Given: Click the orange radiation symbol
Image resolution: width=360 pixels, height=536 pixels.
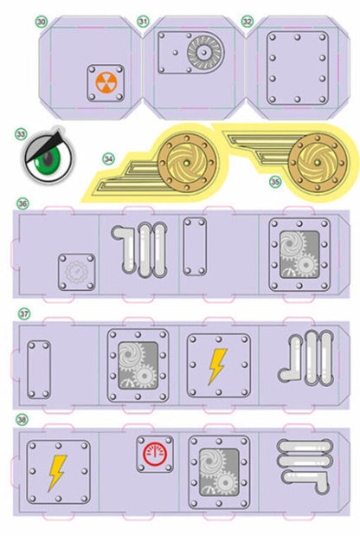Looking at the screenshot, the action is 106,83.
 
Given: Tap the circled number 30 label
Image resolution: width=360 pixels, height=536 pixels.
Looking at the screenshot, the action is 42,22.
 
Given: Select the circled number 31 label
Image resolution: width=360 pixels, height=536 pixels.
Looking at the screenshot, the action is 143,22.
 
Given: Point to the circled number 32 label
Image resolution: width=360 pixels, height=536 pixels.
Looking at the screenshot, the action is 247,22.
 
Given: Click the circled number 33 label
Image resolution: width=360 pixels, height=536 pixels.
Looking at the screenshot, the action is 21,134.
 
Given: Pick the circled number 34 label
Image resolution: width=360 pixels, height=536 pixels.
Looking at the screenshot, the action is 109,159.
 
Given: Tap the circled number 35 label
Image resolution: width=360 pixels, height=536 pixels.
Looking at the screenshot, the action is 275,182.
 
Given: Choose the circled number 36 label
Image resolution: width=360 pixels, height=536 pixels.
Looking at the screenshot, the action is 22,204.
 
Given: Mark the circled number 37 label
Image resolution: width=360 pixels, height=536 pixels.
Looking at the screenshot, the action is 24,313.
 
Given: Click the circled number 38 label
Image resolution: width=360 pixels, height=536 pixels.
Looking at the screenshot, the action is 22,419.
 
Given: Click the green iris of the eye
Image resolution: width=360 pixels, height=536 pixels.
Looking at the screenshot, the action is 48,159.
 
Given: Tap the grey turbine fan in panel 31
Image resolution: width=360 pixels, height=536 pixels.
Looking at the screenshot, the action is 203,52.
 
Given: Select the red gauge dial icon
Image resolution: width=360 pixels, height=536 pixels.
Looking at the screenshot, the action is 155,455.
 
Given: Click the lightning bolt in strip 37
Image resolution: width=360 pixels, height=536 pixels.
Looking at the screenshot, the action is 217,366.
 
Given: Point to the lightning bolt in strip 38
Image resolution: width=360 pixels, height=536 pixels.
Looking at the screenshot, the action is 57,473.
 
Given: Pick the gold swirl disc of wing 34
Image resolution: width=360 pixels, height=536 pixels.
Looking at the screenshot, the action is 186,163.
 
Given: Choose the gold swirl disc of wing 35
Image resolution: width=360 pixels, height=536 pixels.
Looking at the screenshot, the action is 318,163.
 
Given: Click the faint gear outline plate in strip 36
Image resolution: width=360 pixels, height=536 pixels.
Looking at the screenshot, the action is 77,272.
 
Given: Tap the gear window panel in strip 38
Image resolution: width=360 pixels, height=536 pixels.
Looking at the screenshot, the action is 219,472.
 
